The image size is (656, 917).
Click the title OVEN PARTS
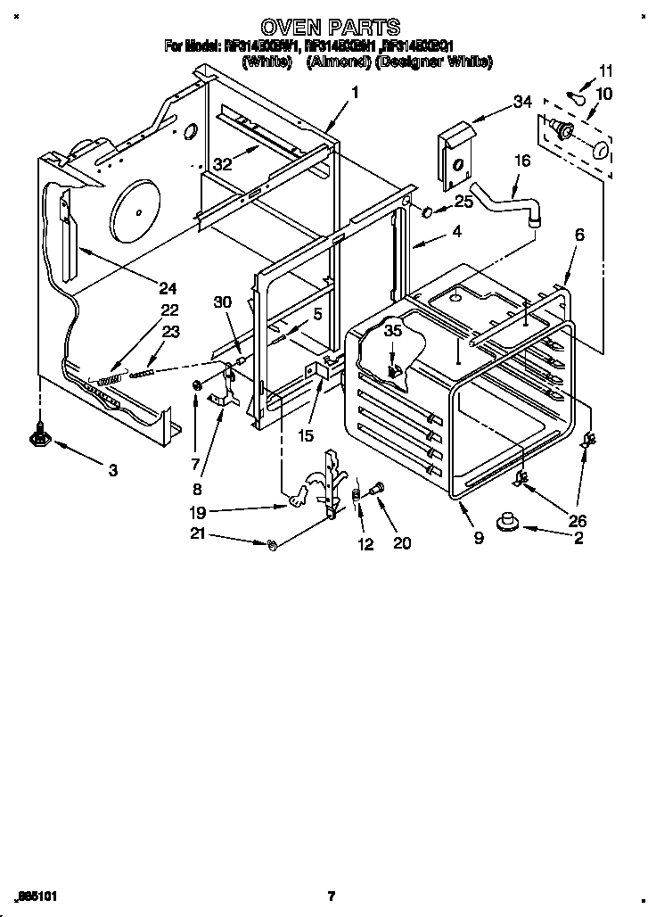coord(329,28)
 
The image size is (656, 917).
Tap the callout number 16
coord(521,161)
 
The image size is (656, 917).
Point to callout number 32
coord(221,163)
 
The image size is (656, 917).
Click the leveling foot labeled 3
coord(39,436)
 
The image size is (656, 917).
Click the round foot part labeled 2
coord(511,520)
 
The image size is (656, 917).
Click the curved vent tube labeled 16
coord(504,202)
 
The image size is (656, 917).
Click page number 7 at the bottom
coord(330,895)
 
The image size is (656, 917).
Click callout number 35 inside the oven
coord(393,331)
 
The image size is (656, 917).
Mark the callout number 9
coord(479,539)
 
